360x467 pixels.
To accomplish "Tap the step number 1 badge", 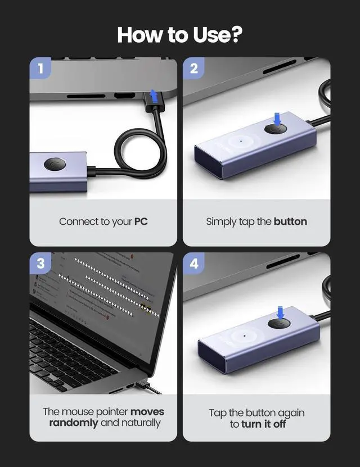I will click(40, 70).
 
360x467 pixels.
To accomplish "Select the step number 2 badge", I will click(194, 70).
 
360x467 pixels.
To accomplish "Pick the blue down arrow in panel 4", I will click(280, 312).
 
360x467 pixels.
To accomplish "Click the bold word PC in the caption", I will click(141, 221).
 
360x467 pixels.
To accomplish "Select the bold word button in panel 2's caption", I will click(290, 221).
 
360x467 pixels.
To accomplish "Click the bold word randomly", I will click(73, 423).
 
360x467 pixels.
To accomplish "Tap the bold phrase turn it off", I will click(264, 424).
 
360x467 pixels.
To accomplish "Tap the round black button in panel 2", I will click(276, 129).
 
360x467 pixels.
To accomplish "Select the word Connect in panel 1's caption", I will click(78, 221).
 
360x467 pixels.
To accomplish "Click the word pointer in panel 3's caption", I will click(113, 412).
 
